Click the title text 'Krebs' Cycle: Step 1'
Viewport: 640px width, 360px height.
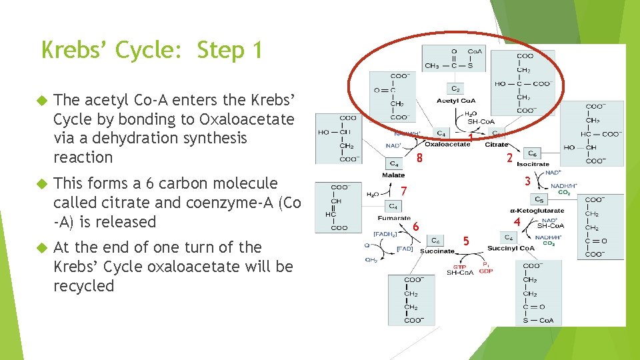pyautogui.click(x=152, y=50)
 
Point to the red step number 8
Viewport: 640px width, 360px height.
pyautogui.click(x=419, y=158)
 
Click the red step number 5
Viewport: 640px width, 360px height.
pyautogui.click(x=466, y=240)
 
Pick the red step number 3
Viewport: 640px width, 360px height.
pyautogui.click(x=527, y=181)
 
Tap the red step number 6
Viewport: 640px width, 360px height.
pyautogui.click(x=415, y=226)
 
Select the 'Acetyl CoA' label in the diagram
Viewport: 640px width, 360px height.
pyautogui.click(x=456, y=101)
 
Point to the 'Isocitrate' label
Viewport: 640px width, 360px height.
pyautogui.click(x=533, y=164)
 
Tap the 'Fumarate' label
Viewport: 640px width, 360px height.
pyautogui.click(x=395, y=218)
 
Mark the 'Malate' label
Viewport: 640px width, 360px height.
pyautogui.click(x=393, y=175)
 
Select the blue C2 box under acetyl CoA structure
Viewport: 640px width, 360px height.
pyautogui.click(x=455, y=88)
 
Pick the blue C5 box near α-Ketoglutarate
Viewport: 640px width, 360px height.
pyautogui.click(x=538, y=199)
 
